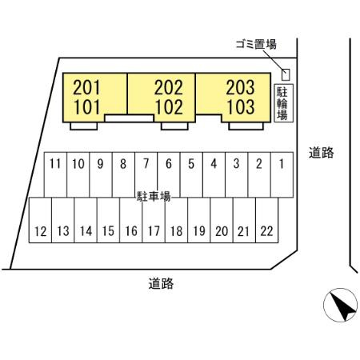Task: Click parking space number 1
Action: [x=282, y=174]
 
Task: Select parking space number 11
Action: [x=55, y=174]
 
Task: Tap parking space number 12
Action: [x=40, y=220]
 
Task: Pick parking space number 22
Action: [x=267, y=220]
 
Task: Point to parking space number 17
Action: [x=154, y=220]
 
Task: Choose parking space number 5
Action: [x=191, y=174]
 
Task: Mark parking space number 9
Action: [x=101, y=174]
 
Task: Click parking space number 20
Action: [x=222, y=220]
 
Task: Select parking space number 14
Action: [x=86, y=220]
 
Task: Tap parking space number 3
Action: [x=237, y=174]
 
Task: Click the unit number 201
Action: [x=86, y=87]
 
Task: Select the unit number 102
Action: [x=169, y=107]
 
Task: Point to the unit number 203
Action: [x=241, y=87]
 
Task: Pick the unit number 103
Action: [x=241, y=107]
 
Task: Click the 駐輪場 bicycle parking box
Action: [x=284, y=103]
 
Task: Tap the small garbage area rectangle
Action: [x=286, y=74]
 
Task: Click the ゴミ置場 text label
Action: [x=256, y=44]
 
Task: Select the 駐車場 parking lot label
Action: [x=154, y=197]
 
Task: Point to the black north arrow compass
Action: [x=344, y=306]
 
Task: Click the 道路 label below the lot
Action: [x=161, y=284]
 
